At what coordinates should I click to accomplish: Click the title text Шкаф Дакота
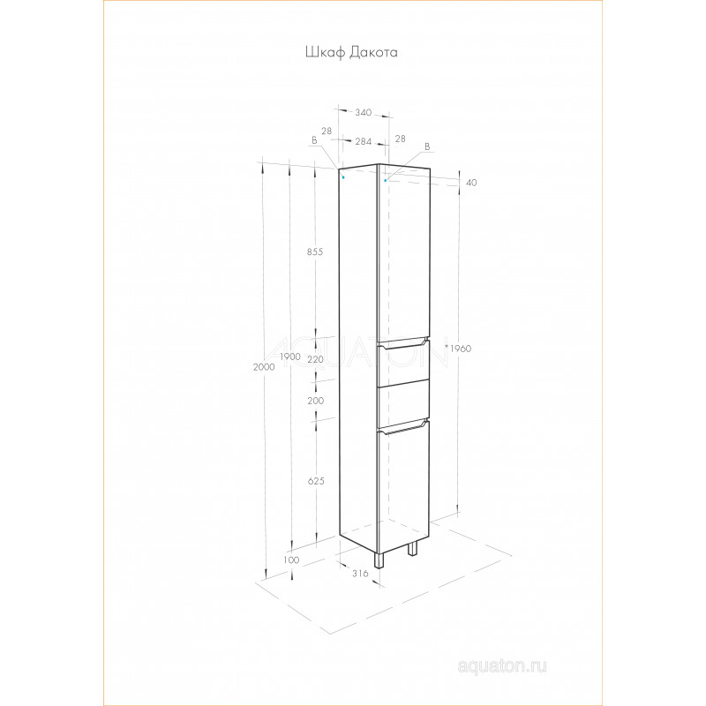(351, 53)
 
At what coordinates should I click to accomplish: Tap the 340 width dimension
(363, 113)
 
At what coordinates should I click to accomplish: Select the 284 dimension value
(364, 142)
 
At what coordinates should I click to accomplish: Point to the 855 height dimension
(315, 252)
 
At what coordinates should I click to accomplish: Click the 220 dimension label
(315, 360)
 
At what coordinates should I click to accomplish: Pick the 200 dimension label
(315, 401)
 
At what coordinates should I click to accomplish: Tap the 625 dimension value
(316, 481)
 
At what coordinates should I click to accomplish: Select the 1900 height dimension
(290, 357)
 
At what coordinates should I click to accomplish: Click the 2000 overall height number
(264, 367)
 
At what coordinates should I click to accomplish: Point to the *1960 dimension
(458, 349)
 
